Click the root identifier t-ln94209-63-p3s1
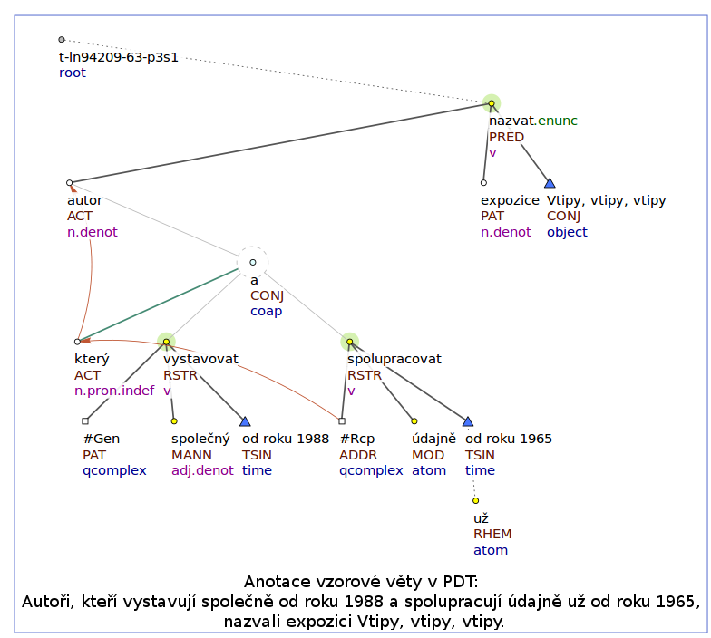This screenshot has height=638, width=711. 118,58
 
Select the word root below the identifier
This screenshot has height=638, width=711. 73,72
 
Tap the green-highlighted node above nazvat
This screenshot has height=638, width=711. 492,103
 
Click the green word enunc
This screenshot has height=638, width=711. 557,121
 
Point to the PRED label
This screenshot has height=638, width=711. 506,137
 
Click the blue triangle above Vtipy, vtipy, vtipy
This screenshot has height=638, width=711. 550,183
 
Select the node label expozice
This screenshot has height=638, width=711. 510,201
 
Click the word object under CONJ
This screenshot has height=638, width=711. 567,232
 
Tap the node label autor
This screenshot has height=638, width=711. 85,200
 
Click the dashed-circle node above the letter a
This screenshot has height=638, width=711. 252,262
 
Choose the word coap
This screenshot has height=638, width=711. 267,312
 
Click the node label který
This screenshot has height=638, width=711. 93,359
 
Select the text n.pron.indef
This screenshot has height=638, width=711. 114,391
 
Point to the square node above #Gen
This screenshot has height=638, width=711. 85,420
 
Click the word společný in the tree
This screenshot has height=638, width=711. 200,439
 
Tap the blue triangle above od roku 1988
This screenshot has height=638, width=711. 245,421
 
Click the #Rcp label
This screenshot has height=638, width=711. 357,439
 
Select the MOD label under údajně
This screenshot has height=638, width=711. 428,455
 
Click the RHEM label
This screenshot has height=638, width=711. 492,535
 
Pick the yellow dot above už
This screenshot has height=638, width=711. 475,500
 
